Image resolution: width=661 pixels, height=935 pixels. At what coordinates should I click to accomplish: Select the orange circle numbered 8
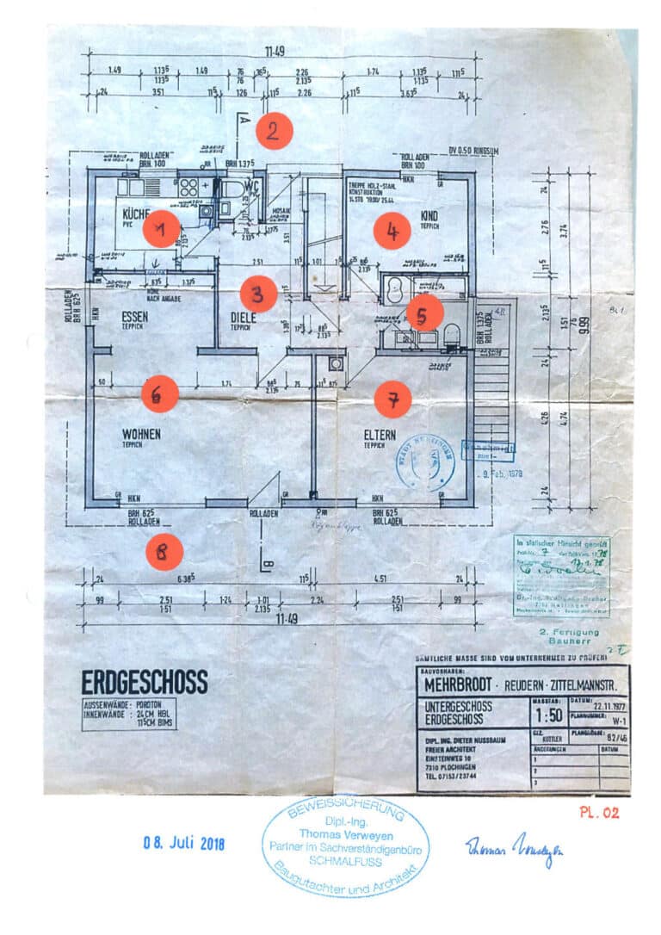pos(164,551)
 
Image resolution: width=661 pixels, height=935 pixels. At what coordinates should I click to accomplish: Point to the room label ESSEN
pos(134,316)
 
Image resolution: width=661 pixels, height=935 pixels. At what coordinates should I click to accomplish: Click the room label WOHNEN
pos(142,435)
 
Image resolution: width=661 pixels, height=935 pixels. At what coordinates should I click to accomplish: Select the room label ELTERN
pos(379,435)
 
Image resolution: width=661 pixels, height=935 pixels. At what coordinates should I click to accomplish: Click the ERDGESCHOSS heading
pos(145,683)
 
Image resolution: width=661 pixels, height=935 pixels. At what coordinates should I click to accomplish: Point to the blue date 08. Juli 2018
pos(183,844)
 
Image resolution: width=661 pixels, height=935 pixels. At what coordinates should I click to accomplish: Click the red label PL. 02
pos(599,812)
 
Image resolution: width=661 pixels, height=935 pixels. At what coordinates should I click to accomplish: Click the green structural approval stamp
pos(561,574)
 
